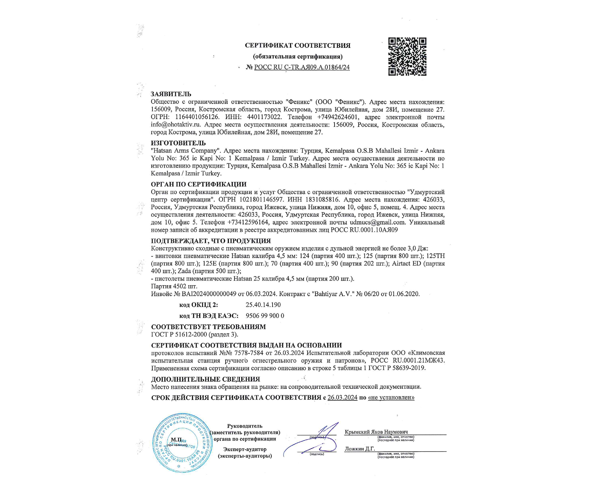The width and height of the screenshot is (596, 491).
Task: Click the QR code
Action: pos(407,57)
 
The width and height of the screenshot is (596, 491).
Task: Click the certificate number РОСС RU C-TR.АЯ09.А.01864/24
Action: pos(302,67)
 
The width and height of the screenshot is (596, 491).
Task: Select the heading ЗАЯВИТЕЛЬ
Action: pos(171,94)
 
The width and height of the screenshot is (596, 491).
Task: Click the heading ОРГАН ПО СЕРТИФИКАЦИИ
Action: pos(199,184)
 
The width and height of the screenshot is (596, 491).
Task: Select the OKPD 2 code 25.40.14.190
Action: pos(263,305)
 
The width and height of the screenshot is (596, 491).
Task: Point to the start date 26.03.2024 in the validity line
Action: pos(342,397)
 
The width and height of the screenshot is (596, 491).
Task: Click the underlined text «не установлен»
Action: pos(391,397)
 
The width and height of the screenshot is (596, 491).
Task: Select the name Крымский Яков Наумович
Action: pos(376,432)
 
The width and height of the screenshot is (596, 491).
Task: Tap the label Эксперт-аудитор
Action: pos(245,449)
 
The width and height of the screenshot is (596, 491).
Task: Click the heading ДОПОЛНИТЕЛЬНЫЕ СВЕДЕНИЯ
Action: pos(205,379)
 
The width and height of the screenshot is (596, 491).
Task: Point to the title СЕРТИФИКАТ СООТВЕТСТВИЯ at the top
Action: pos(297,46)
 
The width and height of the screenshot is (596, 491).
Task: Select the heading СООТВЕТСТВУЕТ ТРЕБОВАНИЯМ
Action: pos(208,327)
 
